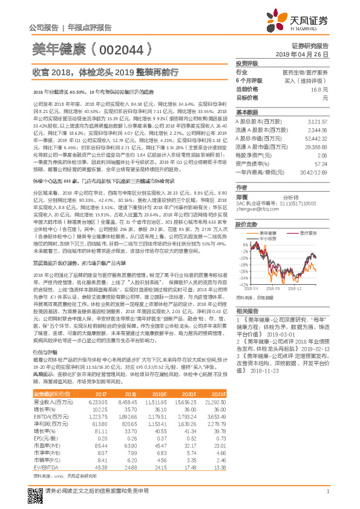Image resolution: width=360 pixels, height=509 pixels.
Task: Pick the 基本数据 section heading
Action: click(x=246, y=112)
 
